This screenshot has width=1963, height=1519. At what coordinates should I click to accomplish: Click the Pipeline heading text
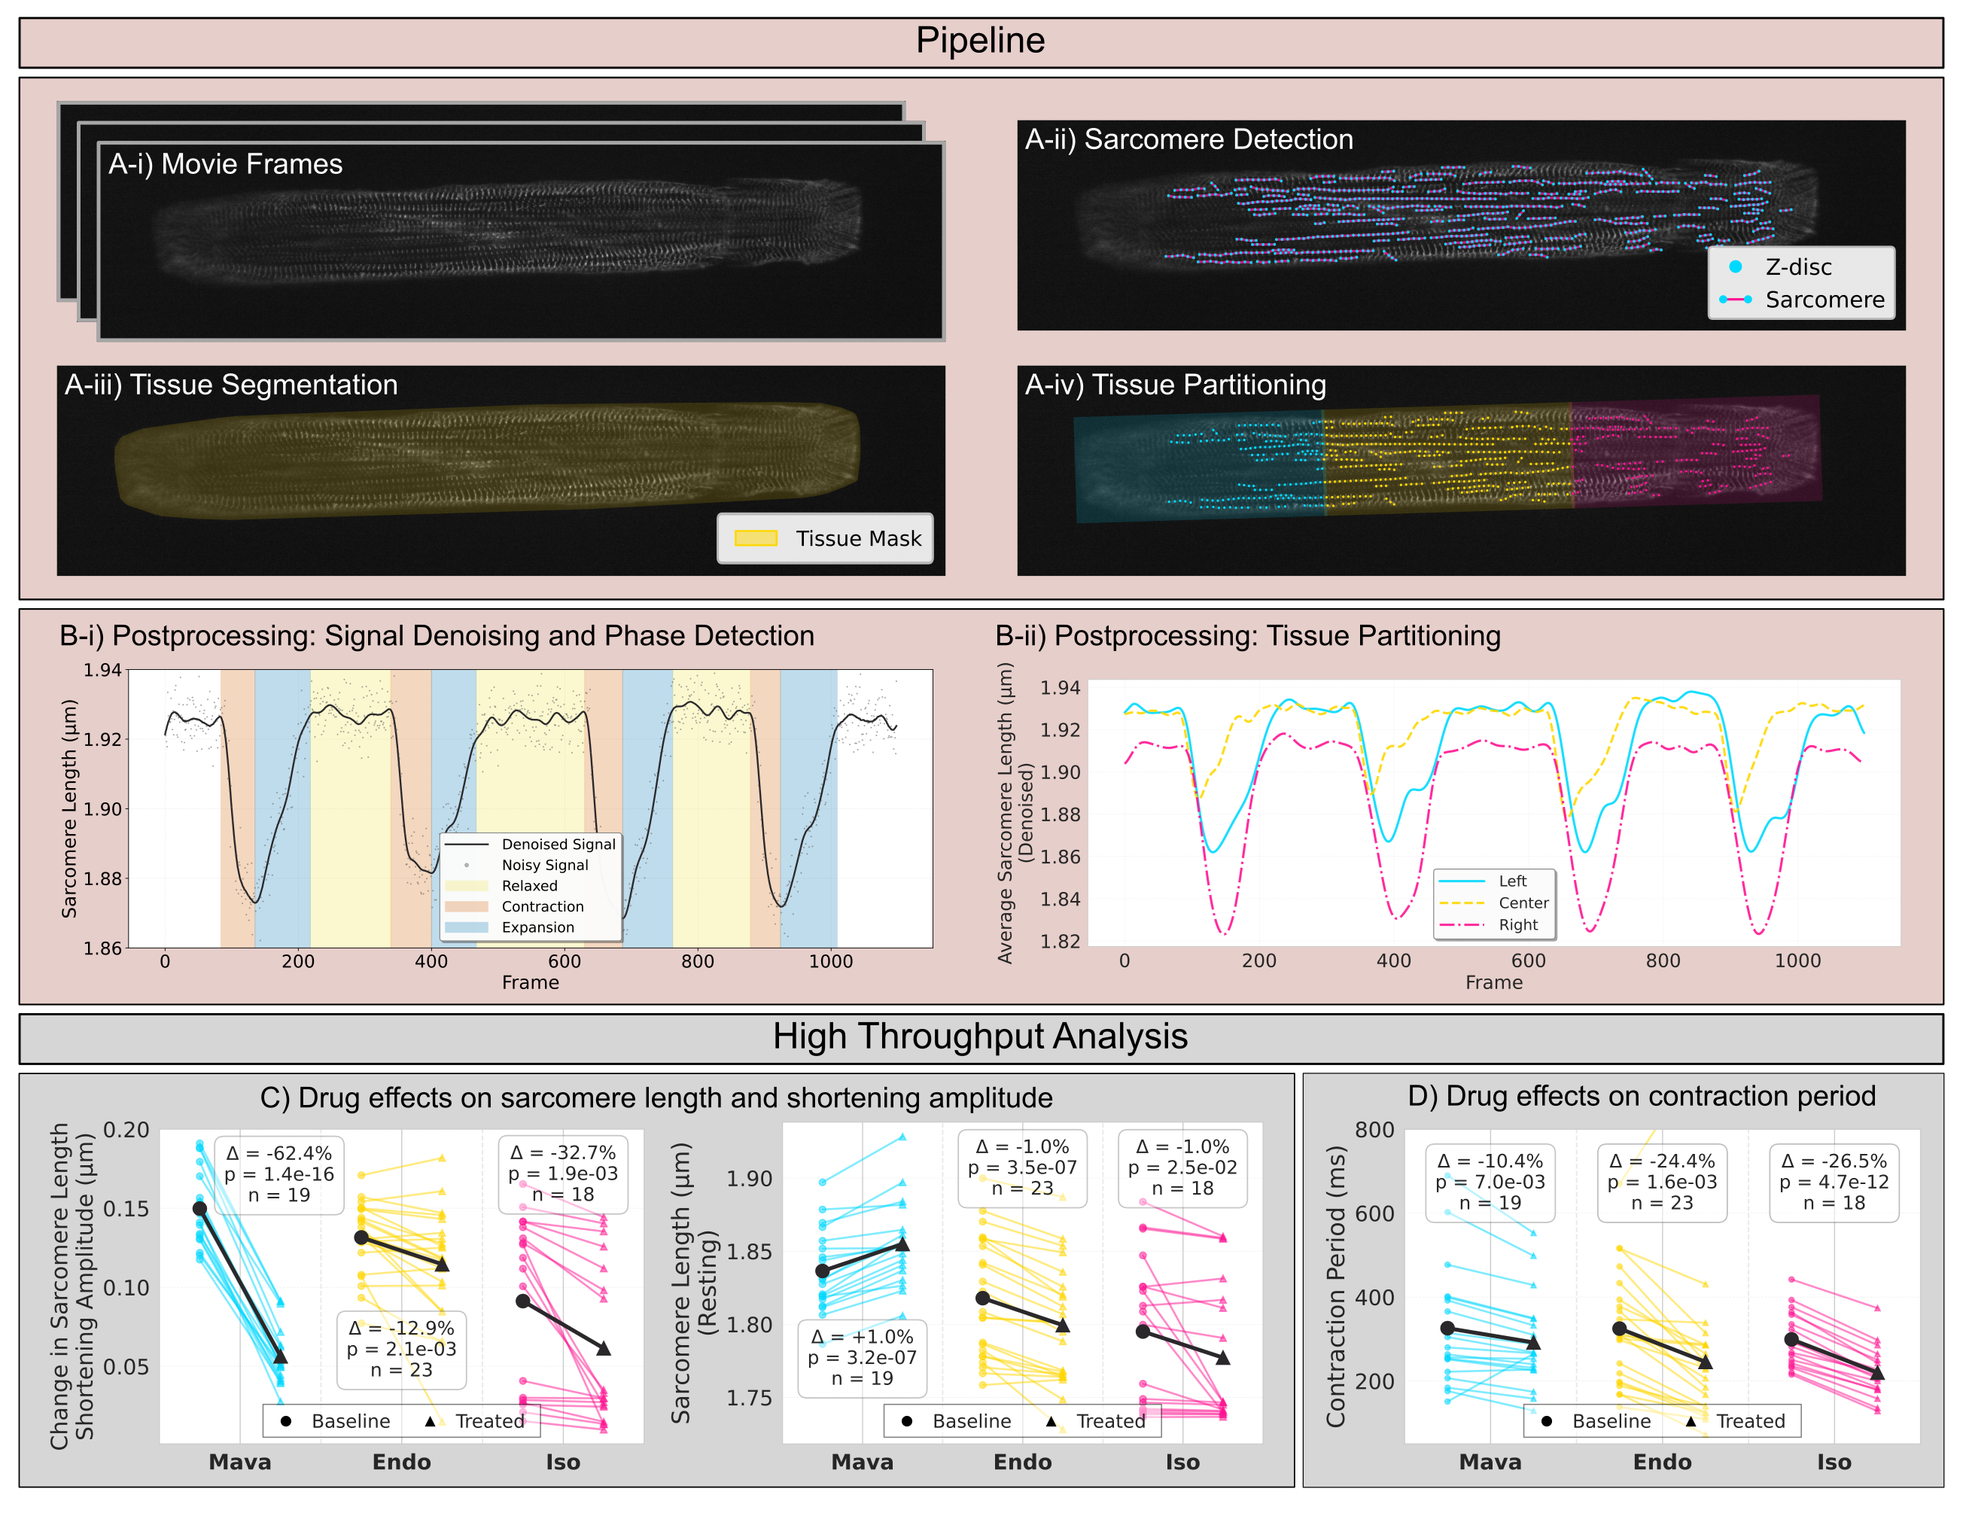980,41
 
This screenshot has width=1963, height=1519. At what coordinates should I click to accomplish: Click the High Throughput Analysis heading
980,1037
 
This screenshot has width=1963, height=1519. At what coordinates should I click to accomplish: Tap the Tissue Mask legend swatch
755,538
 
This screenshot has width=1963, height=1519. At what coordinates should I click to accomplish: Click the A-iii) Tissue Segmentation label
231,385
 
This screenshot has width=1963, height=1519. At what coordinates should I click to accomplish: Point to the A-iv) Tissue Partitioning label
1175,385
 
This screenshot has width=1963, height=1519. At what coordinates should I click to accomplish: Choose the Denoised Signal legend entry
557,844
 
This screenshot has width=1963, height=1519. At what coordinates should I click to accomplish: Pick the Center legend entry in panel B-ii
1523,903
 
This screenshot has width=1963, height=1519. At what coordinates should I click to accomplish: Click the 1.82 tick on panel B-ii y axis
1061,941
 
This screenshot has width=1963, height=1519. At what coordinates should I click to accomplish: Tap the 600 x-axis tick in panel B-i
564,960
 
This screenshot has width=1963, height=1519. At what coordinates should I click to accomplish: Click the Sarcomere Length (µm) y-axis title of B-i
69,809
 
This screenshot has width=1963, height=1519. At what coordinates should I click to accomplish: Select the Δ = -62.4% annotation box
278,1173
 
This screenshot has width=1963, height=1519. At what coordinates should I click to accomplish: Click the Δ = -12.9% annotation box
402,1348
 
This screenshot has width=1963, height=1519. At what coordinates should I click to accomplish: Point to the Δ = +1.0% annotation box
862,1357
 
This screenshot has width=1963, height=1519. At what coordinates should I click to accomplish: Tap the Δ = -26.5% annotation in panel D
1834,1182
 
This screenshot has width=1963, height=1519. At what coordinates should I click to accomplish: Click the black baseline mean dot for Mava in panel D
1447,1329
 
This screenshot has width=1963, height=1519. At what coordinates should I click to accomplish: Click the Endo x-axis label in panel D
1662,1463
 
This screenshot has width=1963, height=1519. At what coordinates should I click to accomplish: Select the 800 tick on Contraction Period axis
1374,1130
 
